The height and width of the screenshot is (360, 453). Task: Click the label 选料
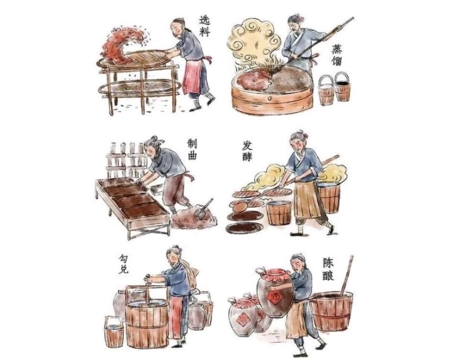pos(205,26)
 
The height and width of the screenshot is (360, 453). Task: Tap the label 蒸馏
pos(337,55)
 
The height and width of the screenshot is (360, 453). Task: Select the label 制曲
pos(192,149)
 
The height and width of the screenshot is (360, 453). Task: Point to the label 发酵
pos(247,151)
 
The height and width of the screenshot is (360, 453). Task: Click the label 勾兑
pos(123,264)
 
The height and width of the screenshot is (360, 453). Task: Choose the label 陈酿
pos(328,270)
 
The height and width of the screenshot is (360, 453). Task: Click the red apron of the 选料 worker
pos(193,76)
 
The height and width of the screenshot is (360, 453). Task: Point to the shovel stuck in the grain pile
pos(203,209)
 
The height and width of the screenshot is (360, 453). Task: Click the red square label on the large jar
pos(274,297)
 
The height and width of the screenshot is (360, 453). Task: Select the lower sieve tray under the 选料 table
pos(140,87)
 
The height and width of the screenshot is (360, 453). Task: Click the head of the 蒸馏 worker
pos(295,24)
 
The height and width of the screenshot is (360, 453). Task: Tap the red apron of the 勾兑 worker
pos(176,317)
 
